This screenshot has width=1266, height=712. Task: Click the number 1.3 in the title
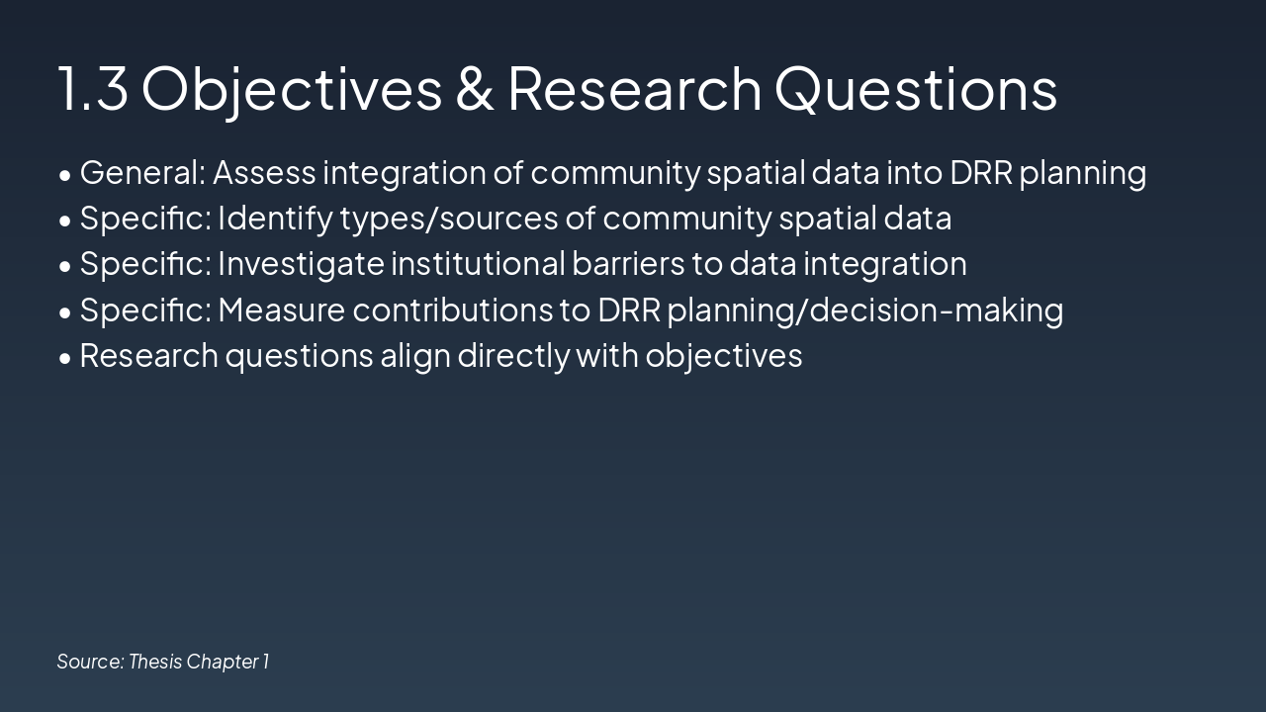tap(93, 87)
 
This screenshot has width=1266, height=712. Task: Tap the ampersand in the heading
tap(475, 87)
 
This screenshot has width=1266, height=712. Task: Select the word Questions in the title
tap(916, 87)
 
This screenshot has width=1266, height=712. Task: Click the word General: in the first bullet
tap(142, 173)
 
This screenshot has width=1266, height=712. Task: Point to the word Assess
tap(264, 173)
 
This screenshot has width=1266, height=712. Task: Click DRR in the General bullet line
tap(981, 173)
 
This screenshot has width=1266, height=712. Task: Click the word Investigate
tap(301, 264)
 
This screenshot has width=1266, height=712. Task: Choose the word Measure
tap(281, 311)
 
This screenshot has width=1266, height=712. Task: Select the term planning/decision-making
tap(864, 311)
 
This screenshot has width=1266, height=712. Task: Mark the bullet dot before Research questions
tap(65, 358)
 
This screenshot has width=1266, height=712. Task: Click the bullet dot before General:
tap(65, 175)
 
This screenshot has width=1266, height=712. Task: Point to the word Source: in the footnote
tap(90, 662)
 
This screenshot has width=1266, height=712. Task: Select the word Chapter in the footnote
tap(222, 662)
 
